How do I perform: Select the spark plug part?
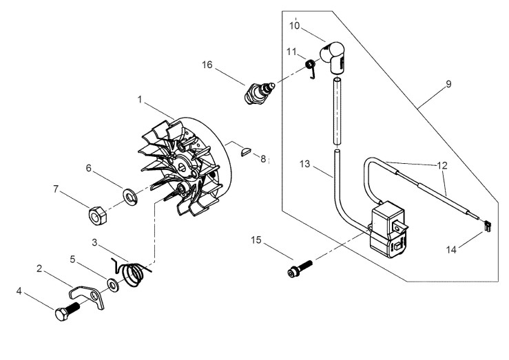point(260,92)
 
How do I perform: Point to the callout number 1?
point(140,99)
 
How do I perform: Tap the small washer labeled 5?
point(112,284)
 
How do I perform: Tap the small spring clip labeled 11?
point(311,67)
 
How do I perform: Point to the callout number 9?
point(448,84)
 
